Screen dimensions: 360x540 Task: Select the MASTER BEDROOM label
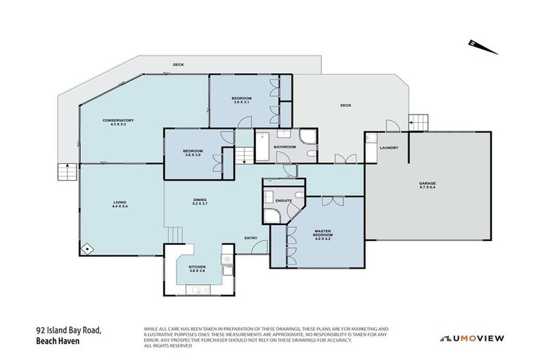[x=323, y=232]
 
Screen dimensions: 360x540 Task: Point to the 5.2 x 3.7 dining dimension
[x=200, y=204]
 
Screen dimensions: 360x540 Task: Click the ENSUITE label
[x=283, y=201]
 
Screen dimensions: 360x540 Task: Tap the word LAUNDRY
[x=389, y=148]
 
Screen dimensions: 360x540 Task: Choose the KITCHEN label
[x=197, y=269]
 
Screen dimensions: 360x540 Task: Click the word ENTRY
[x=251, y=238]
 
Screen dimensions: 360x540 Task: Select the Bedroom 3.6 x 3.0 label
[x=193, y=153]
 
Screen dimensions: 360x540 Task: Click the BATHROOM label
[x=284, y=147]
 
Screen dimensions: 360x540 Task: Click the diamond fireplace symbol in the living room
[x=86, y=248]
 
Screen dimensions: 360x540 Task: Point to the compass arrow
[x=483, y=48]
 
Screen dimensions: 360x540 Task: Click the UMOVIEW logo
[x=472, y=338]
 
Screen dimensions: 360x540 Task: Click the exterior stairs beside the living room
[x=67, y=171]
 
